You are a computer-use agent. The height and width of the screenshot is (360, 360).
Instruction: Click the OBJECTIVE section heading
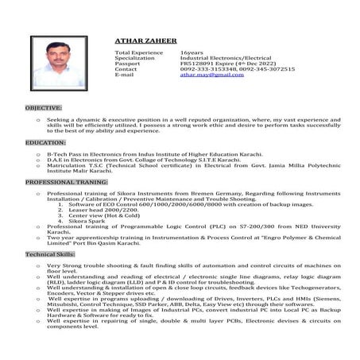tap(43, 106)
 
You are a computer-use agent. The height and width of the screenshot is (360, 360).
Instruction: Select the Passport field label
tap(129, 64)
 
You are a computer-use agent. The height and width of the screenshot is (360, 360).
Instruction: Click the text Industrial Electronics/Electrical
tap(225, 57)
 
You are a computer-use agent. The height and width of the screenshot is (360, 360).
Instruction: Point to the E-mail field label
tap(126, 75)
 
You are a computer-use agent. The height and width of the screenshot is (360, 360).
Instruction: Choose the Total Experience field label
tap(139, 52)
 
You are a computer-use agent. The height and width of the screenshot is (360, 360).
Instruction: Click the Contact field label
tap(126, 69)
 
